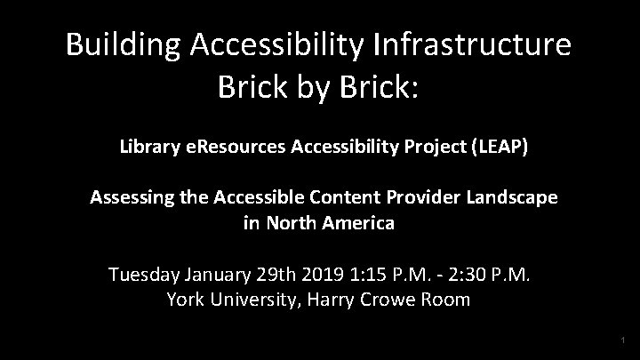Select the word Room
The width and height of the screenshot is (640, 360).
pos(449,299)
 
